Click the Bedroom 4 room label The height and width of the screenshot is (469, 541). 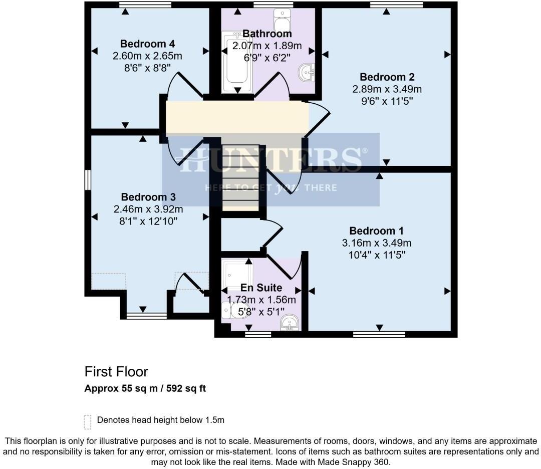click(147, 43)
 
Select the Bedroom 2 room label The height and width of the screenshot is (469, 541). click(387, 77)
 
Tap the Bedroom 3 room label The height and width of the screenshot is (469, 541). click(147, 197)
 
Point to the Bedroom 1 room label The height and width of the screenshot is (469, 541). click(377, 231)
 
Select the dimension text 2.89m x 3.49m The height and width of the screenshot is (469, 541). click(387, 89)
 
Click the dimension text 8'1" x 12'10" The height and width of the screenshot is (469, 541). click(147, 220)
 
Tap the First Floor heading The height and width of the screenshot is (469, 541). click(116, 372)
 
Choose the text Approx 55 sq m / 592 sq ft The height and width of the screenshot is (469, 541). click(145, 388)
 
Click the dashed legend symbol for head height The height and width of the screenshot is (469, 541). click(88, 422)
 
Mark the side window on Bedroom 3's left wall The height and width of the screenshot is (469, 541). click(88, 180)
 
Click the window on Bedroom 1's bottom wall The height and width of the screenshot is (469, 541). click(379, 334)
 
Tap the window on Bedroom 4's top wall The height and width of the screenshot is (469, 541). click(145, 5)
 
